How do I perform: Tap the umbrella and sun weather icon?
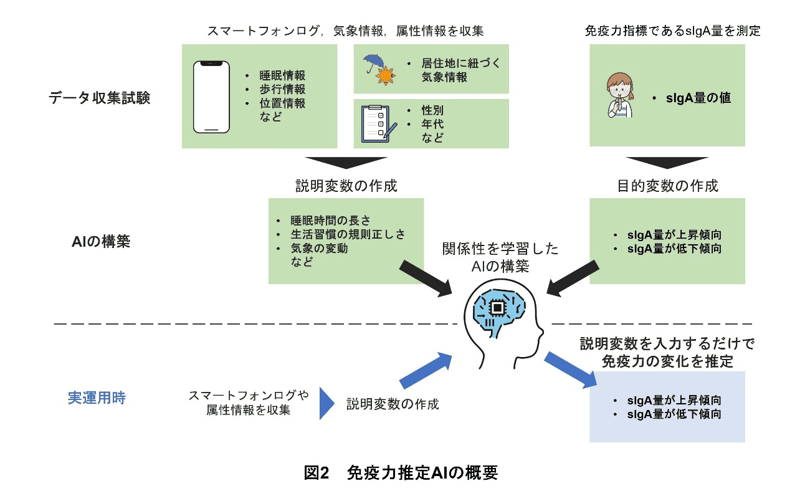(x=379, y=69)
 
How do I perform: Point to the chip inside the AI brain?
(x=498, y=307)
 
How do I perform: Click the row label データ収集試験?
(x=100, y=98)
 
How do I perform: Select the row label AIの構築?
(x=101, y=242)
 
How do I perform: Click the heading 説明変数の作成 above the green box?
(x=346, y=186)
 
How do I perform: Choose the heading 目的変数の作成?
(x=667, y=186)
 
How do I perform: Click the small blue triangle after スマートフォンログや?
(x=327, y=403)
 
